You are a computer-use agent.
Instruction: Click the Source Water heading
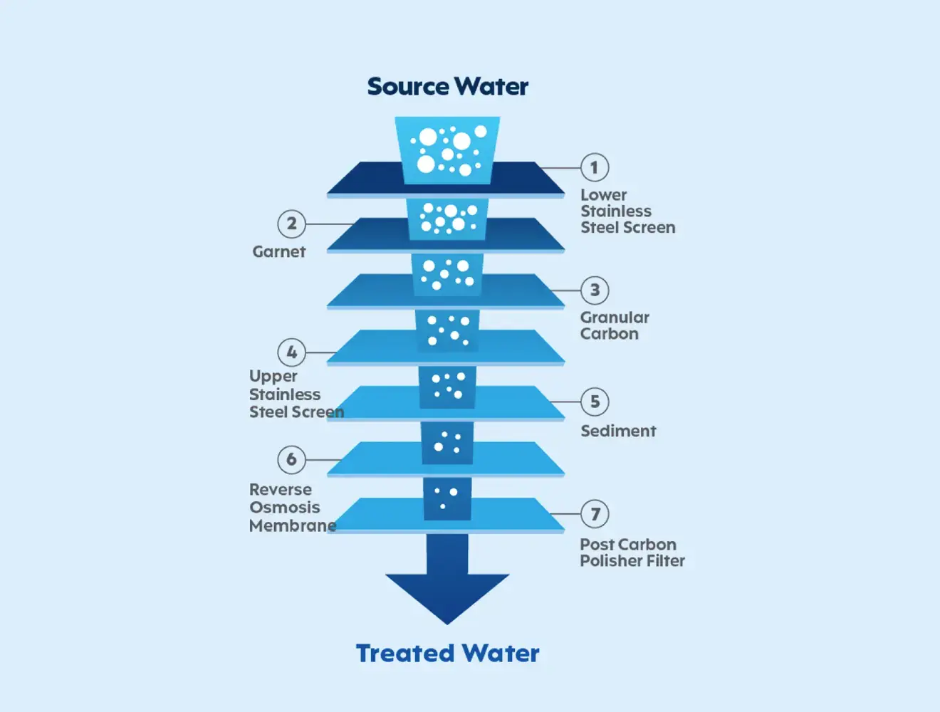447,87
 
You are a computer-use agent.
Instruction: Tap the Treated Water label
447,653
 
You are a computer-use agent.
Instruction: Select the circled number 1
595,168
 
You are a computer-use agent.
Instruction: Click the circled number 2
291,224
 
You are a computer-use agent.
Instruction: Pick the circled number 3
595,290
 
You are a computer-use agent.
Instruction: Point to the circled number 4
291,352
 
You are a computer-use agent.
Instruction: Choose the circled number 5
595,402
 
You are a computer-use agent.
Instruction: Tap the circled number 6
291,459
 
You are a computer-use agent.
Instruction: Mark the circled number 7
595,513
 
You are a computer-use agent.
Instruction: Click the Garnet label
278,252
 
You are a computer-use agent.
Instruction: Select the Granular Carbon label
615,325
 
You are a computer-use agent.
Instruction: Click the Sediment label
618,431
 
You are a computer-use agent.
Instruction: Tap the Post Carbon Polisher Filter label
632,553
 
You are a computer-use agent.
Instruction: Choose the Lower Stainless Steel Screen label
627,211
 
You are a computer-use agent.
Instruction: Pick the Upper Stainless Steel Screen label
296,394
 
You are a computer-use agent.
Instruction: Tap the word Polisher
612,561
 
